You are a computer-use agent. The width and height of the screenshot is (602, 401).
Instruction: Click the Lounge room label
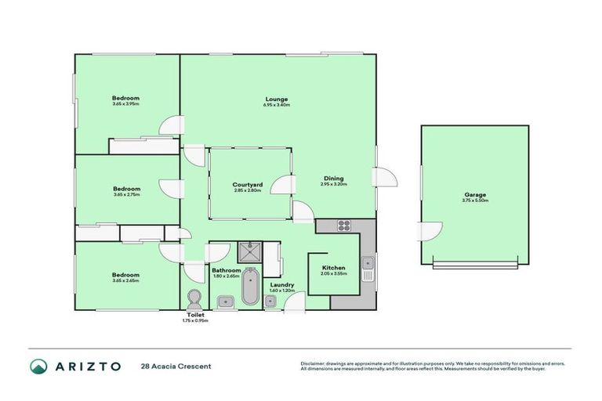coord(276,99)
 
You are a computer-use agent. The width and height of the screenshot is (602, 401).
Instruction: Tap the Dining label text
coord(333,178)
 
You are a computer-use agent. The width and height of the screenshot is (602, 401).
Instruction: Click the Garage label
coord(475,194)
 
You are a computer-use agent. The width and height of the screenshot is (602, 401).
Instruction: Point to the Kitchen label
coord(333,268)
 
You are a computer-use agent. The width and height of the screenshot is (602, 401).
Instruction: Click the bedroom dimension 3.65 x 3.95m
coord(125,104)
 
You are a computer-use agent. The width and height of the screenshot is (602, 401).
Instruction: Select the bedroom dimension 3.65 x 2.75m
coord(125,194)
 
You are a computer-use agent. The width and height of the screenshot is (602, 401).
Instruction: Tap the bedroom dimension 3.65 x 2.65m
coord(125,280)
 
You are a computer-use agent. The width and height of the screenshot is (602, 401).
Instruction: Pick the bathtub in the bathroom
coord(250,287)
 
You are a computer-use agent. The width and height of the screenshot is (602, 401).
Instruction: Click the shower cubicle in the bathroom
coord(249,253)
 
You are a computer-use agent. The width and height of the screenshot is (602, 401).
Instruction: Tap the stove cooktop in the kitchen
coord(344,226)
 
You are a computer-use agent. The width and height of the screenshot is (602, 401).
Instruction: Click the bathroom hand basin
coord(223,301)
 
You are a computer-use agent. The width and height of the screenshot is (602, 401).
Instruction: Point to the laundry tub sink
coord(270,302)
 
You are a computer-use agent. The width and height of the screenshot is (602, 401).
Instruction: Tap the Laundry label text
coord(281,284)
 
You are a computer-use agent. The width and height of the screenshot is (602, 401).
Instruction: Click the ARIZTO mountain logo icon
coord(38,366)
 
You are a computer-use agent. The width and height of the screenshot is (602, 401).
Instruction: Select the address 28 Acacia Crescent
coord(176,366)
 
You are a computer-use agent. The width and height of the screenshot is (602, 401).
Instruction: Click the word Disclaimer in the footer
coord(314,363)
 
